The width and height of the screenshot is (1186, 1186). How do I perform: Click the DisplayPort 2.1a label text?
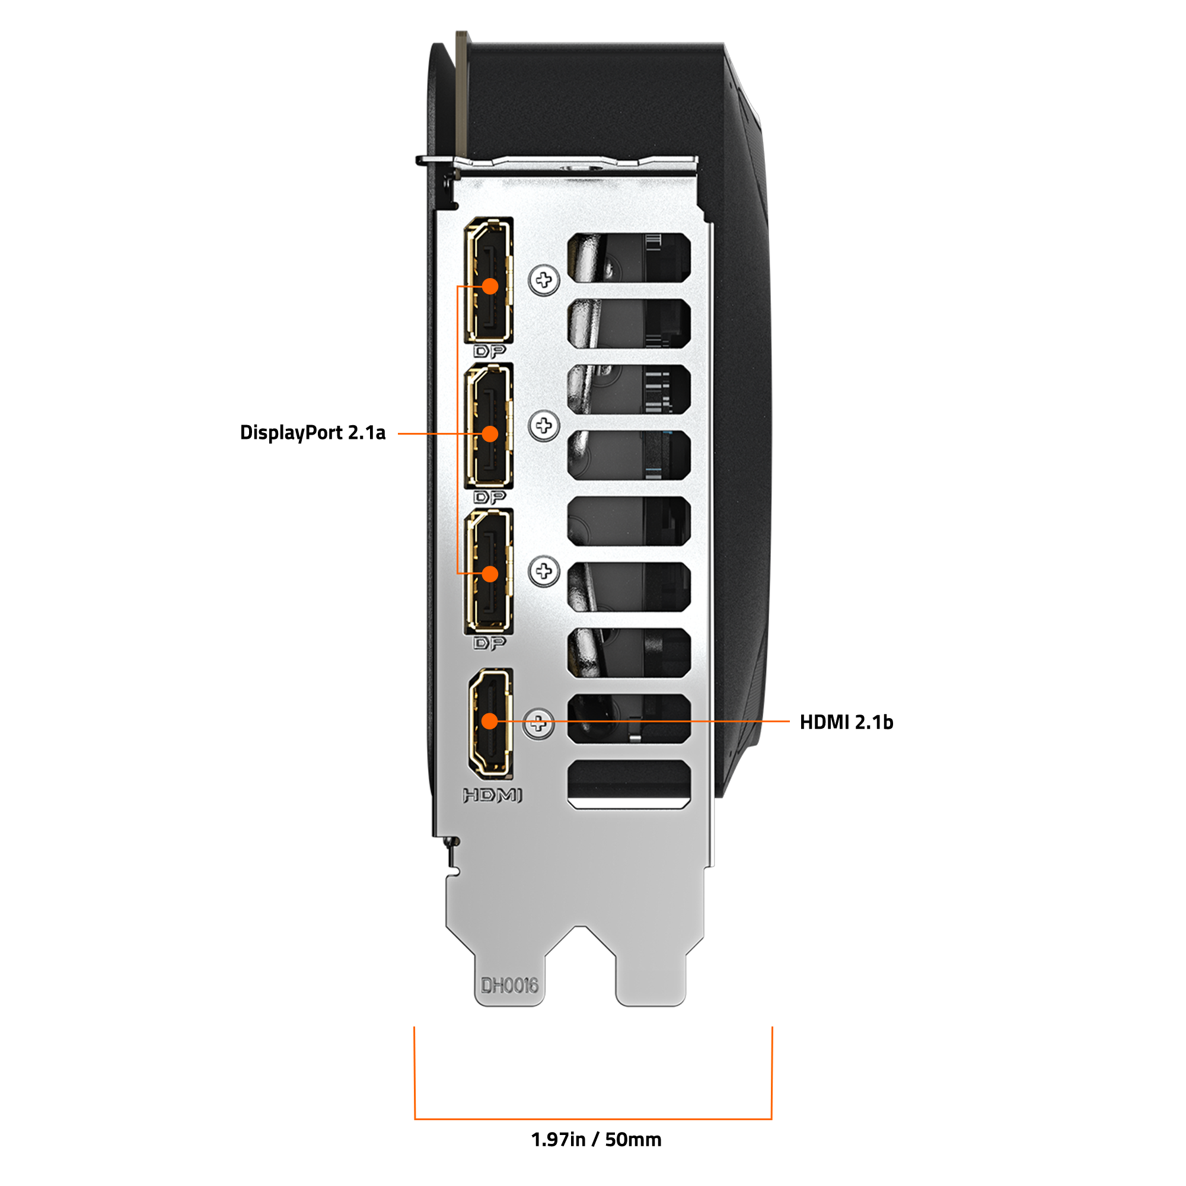click(x=313, y=433)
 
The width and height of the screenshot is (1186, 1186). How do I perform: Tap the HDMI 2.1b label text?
click(x=847, y=722)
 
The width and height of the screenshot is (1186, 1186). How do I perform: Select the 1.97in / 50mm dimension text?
click(x=596, y=1140)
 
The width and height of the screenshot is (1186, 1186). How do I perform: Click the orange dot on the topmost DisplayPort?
click(x=490, y=286)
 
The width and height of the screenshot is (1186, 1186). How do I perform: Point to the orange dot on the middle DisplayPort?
click(x=490, y=434)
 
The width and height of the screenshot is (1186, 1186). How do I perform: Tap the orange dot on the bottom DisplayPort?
click(x=490, y=574)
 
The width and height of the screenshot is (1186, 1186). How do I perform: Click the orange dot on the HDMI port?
click(x=489, y=721)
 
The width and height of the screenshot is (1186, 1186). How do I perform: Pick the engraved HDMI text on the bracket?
click(x=492, y=796)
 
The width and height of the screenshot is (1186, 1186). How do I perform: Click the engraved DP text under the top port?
click(x=489, y=352)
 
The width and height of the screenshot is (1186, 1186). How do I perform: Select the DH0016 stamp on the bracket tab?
click(x=509, y=985)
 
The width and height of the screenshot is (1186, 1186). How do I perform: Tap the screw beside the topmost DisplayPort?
click(x=544, y=280)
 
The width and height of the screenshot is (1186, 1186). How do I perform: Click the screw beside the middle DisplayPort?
click(x=544, y=425)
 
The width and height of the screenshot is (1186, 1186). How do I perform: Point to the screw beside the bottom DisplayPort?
click(x=544, y=572)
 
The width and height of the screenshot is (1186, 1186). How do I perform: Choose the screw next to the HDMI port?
click(x=538, y=723)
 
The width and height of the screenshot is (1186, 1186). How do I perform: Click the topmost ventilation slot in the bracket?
click(x=629, y=258)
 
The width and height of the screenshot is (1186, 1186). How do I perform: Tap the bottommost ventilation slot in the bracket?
click(x=629, y=785)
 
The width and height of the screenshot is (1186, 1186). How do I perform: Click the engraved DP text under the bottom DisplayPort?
click(x=489, y=643)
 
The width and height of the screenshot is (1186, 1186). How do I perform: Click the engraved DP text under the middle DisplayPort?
click(x=489, y=498)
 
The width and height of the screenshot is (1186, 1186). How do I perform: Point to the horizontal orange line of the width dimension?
click(x=593, y=1119)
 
